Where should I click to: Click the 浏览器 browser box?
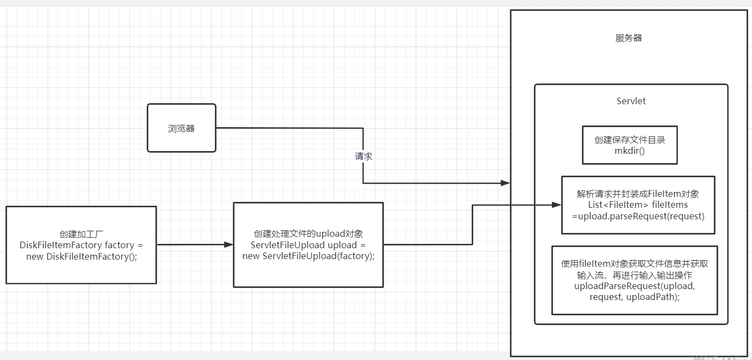coord(182,128)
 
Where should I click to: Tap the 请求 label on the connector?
coord(364,156)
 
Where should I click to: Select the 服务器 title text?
coord(628,38)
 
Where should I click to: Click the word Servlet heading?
coord(631,101)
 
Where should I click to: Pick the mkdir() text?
coord(629,151)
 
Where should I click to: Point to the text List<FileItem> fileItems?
coord(637,205)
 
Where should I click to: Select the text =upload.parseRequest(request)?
coord(638,216)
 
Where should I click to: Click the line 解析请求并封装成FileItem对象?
coord(638,194)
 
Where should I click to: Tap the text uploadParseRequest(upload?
coord(634,286)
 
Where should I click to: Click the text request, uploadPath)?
coord(634,297)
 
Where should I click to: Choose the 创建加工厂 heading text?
coord(81,234)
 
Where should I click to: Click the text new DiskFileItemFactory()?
coord(81,256)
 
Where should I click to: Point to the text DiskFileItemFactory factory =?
coord(81,245)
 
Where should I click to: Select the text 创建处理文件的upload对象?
coord(308,234)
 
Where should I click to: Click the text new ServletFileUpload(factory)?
coord(308,256)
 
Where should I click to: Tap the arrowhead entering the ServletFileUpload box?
coord(229,245)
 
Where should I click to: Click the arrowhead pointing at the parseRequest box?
coord(557,205)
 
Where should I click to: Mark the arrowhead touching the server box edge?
coord(506,183)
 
